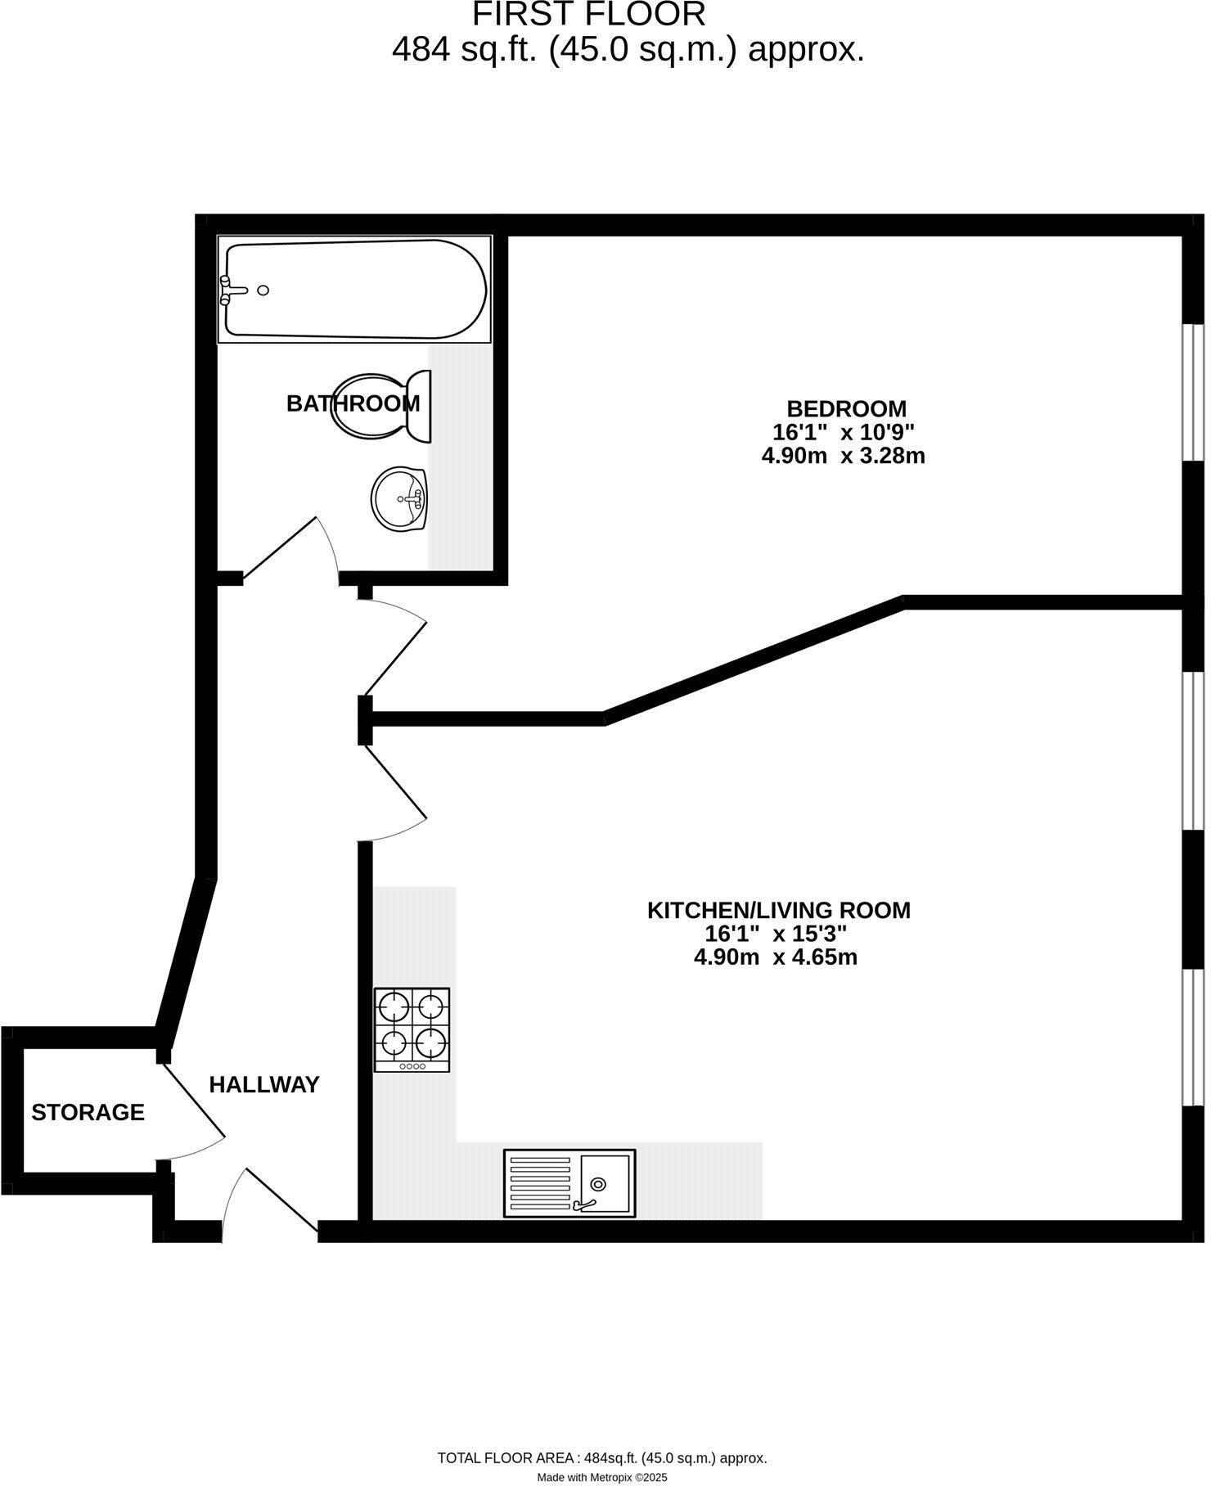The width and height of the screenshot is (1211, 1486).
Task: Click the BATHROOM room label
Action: click(353, 403)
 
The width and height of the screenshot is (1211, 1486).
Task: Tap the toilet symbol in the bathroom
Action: click(380, 406)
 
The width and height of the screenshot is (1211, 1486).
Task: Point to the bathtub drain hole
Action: click(263, 290)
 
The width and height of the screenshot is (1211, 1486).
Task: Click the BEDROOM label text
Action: click(846, 408)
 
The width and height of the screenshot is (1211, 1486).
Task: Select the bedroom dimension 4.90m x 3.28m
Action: click(843, 456)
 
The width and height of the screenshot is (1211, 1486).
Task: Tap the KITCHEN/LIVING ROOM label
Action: click(778, 910)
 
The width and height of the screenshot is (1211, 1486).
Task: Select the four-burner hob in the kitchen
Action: click(412, 1029)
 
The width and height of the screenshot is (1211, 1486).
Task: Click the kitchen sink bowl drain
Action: click(599, 1184)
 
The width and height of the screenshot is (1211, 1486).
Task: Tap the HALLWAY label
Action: click(264, 1085)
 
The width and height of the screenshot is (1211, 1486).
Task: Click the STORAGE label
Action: click(88, 1112)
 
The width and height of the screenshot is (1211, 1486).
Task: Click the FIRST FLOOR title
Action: click(588, 15)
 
